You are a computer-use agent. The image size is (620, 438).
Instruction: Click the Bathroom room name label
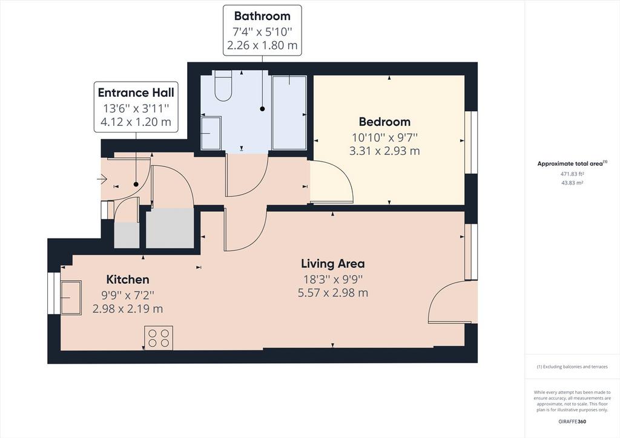pyautogui.click(x=262, y=16)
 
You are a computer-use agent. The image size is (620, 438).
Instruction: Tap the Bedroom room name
pyautogui.click(x=384, y=122)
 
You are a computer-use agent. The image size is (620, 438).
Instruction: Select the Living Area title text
pyautogui.click(x=333, y=263)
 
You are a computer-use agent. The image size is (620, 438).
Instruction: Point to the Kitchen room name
pyautogui.click(x=128, y=279)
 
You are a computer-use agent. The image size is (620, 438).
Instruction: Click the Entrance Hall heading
pyautogui.click(x=136, y=93)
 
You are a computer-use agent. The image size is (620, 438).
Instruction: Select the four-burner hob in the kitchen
pyautogui.click(x=159, y=338)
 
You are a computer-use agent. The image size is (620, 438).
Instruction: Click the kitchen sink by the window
pyautogui.click(x=71, y=298)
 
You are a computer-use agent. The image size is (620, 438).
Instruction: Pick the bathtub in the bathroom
pyautogui.click(x=289, y=113)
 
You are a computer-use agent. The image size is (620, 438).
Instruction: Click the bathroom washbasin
pyautogui.click(x=211, y=133)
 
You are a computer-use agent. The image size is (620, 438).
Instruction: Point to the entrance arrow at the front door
pyautogui.click(x=102, y=179)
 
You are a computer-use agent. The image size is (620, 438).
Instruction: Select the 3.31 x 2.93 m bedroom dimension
pyautogui.click(x=384, y=151)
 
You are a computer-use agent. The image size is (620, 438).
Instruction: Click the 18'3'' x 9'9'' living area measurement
pyautogui.click(x=333, y=279)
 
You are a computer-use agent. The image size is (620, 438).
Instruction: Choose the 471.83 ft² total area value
pyautogui.click(x=572, y=174)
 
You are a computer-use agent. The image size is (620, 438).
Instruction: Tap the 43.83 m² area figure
pyautogui.click(x=572, y=183)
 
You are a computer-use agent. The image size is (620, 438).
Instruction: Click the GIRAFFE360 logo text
pyautogui.click(x=572, y=422)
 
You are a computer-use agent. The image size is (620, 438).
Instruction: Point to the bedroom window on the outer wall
pyautogui.click(x=471, y=143)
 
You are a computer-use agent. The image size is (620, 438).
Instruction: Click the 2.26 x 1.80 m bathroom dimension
pyautogui.click(x=262, y=45)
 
